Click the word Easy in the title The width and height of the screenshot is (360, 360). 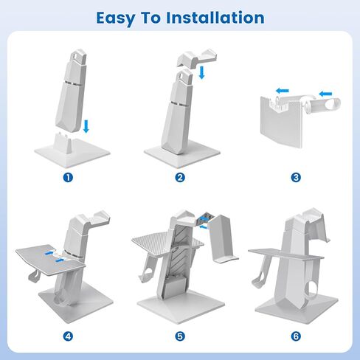point(116,18)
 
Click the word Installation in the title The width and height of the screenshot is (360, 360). point(215,18)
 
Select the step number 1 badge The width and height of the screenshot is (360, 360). point(68,177)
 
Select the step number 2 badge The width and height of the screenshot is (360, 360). point(180,177)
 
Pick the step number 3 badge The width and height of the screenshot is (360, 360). point(296,177)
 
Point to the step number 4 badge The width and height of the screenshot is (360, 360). point(68,336)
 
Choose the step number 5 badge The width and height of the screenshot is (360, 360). point(180,336)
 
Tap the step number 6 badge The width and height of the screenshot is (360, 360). point(296,336)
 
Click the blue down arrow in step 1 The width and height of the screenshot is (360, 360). point(86,126)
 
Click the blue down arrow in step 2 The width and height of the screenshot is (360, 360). point(201,72)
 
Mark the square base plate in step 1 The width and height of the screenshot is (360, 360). point(72,153)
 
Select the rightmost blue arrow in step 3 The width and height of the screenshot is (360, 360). point(325,94)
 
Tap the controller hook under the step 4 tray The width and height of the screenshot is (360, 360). point(34,276)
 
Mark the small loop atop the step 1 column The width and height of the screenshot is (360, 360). point(78,55)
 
